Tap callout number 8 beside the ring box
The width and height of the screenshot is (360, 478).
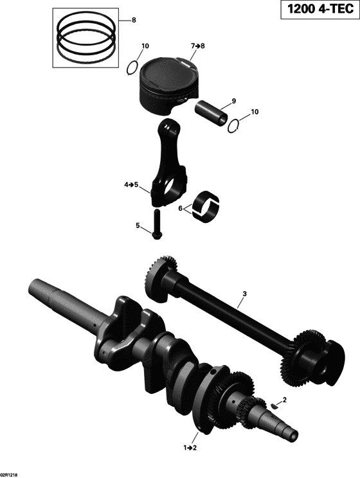coord(134,21)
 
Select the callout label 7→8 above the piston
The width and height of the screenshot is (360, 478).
coord(197,46)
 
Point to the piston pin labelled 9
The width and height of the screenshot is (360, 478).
coord(212,109)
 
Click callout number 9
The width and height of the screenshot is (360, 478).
coord(234,101)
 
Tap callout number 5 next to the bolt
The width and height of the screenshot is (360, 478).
coord(137,226)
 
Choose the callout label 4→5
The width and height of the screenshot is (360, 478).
coord(131,185)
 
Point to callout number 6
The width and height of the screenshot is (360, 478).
coord(181,208)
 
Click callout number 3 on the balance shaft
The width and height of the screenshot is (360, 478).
coord(244,295)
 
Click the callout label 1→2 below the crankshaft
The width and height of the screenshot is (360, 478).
coord(190,446)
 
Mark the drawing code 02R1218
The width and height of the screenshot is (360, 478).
coord(10,474)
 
